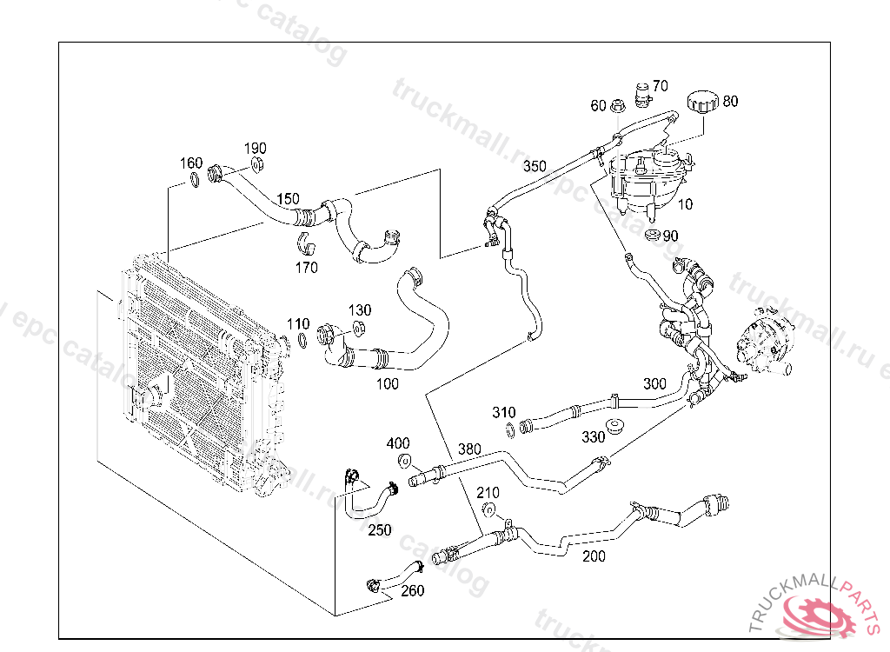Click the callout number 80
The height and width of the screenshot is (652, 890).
730,101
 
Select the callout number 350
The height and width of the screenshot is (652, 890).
535,166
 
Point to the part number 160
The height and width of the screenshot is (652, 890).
191,163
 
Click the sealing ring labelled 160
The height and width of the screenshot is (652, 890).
193,181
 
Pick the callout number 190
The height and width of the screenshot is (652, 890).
255,148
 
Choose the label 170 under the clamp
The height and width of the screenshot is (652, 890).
306,268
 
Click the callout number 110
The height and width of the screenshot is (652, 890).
298,324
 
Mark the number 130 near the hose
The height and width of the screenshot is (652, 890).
360,309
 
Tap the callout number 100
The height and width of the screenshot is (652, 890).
388,383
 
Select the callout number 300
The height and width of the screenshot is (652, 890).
654,383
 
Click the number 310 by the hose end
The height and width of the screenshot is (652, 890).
503,412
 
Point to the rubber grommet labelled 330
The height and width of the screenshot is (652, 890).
617,428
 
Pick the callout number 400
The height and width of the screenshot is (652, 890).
398,443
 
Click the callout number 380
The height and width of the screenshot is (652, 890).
469,449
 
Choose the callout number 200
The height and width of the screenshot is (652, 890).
594,556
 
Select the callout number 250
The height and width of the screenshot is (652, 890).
379,529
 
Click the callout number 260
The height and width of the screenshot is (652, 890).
413,591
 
